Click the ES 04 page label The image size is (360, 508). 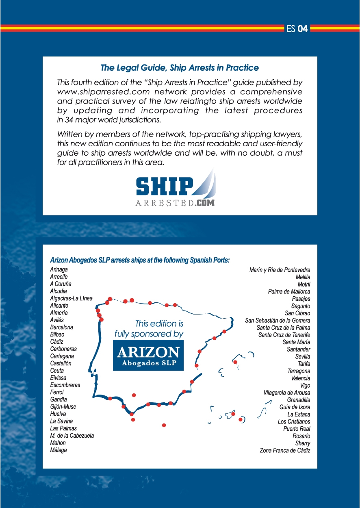click(x=297, y=29)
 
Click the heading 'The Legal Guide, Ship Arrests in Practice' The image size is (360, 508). click(x=180, y=67)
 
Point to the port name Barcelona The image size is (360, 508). click(x=62, y=327)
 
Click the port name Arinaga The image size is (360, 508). click(x=59, y=269)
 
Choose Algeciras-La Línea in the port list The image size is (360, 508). click(x=71, y=298)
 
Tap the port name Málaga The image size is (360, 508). click(x=59, y=450)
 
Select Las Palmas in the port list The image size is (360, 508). click(x=63, y=428)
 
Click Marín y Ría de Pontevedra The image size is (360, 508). click(x=280, y=270)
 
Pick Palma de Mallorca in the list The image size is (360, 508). click(x=289, y=291)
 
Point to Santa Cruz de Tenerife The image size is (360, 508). click(x=284, y=335)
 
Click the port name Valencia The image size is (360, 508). click(x=300, y=378)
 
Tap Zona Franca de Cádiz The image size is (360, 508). click(x=285, y=451)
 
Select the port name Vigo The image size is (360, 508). click(x=305, y=386)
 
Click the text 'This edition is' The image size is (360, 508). click(x=159, y=324)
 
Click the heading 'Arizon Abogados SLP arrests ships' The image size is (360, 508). click(x=139, y=260)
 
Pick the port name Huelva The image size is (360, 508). click(x=58, y=414)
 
